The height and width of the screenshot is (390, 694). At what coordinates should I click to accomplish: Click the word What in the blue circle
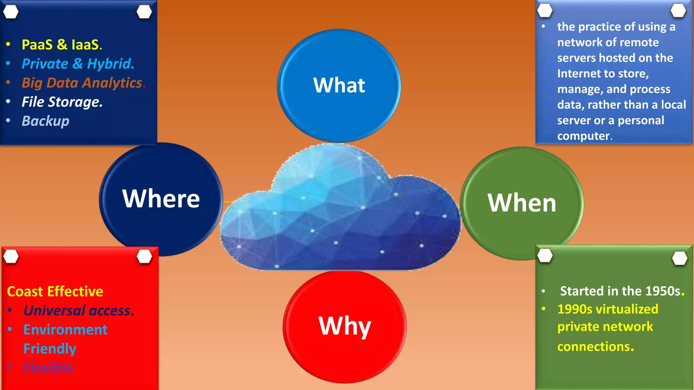[339, 85]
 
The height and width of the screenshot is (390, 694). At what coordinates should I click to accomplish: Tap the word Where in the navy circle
[161, 199]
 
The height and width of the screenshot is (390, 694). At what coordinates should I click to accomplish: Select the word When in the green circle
[522, 203]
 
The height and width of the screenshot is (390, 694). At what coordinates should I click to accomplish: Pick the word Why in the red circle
[344, 326]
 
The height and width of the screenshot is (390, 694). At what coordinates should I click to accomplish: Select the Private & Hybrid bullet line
[78, 64]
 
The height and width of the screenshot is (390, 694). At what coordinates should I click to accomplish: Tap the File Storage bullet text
[62, 102]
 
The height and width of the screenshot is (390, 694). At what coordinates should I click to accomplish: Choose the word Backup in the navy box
[45, 121]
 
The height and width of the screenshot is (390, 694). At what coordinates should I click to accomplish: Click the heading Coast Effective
[55, 291]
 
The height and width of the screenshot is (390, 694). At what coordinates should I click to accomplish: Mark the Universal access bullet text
[79, 310]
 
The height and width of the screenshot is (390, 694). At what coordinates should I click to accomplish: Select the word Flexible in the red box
[48, 368]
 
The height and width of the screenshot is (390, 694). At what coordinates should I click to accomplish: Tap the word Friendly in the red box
[49, 349]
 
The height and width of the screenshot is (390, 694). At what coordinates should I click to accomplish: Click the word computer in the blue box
[583, 136]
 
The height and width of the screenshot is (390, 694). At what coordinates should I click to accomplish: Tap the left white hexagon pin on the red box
[11, 257]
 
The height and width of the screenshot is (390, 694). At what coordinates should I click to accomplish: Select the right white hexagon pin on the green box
[679, 258]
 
